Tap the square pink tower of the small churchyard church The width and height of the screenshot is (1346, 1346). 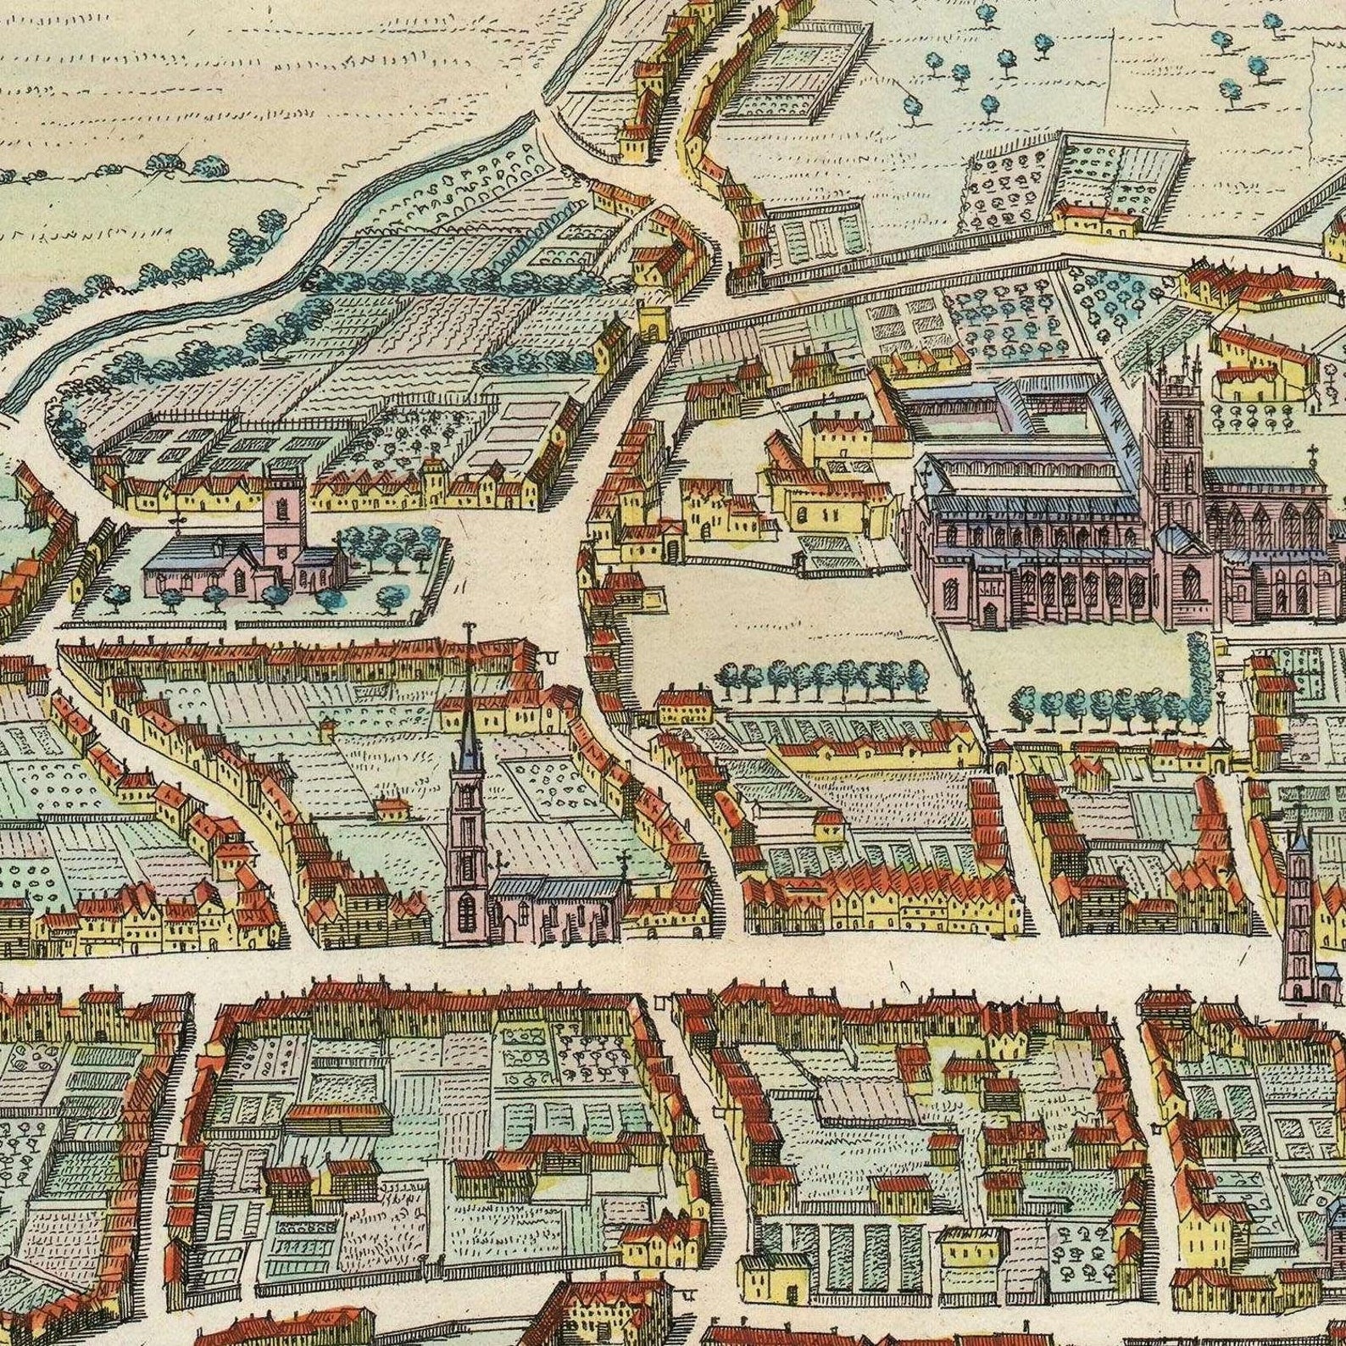pyautogui.click(x=283, y=517)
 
